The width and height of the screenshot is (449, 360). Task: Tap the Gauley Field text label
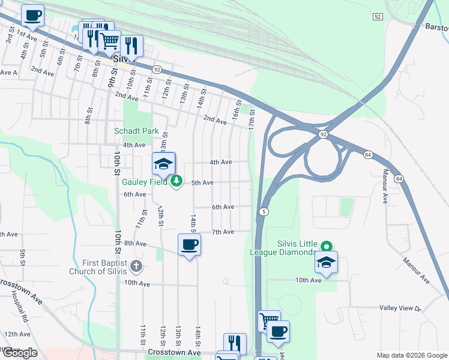[143, 181]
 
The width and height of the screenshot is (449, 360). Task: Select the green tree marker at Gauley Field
[176, 181]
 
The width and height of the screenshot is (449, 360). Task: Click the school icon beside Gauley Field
[164, 164]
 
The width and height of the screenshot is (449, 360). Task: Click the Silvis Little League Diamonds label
[283, 248]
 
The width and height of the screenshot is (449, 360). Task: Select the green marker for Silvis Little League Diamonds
[326, 246]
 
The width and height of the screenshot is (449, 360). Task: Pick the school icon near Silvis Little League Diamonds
[326, 263]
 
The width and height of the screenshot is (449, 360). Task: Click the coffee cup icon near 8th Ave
[189, 245]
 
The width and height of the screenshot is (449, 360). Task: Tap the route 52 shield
[377, 16]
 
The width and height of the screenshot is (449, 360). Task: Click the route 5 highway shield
[264, 212]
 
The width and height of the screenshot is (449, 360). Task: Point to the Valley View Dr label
[401, 307]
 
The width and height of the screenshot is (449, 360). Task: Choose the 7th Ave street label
[223, 232]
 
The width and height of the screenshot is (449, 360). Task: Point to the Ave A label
[8, 73]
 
